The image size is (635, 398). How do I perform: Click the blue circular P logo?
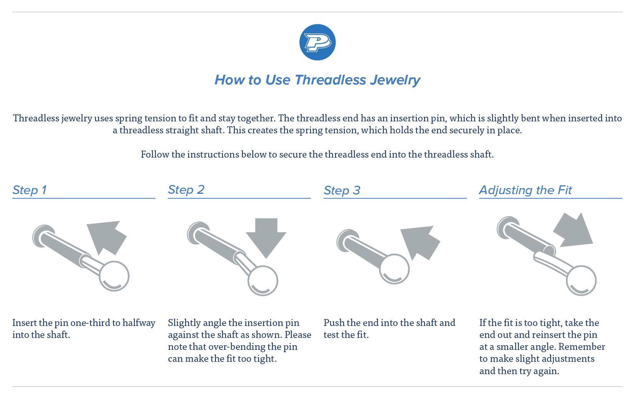tap(317, 42)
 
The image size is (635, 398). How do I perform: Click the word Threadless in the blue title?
tap(330, 80)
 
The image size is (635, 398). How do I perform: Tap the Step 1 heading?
tap(30, 190)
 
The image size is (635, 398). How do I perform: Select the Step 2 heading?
tap(186, 190)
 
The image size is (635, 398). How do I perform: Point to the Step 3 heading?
tap(342, 190)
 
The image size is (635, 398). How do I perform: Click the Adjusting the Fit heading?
tap(525, 190)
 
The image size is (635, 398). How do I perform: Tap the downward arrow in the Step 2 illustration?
tap(266, 238)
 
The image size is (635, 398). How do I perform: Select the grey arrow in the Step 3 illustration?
tap(420, 242)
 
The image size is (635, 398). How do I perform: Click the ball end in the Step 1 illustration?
tap(114, 276)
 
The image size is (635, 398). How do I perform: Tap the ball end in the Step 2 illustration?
tap(263, 281)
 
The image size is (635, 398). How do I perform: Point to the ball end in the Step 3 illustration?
tap(394, 269)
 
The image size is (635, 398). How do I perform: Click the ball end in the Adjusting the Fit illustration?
tap(581, 280)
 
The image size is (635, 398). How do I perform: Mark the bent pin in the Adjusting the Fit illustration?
tap(551, 263)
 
